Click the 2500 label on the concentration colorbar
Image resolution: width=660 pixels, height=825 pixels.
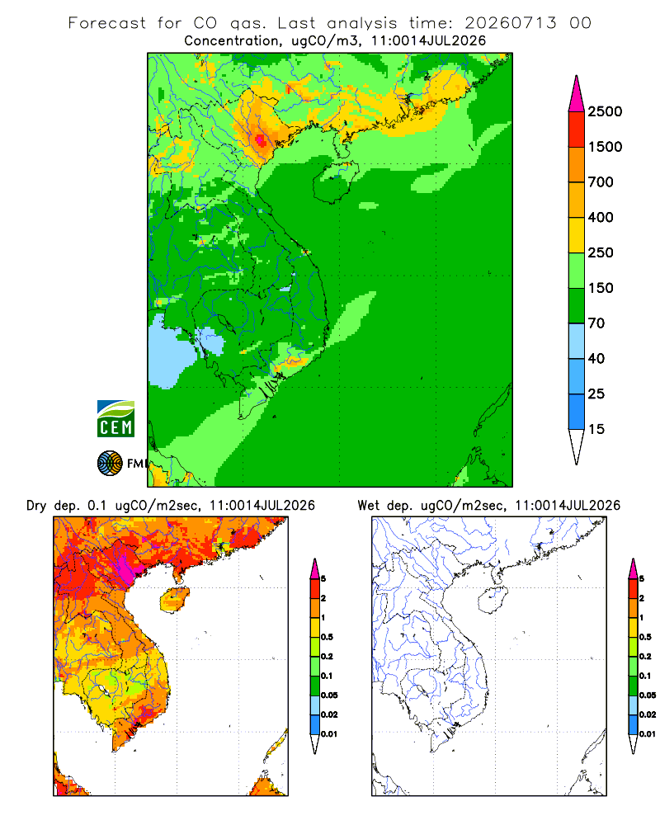point(605,111)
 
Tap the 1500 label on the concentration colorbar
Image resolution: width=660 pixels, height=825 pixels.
point(605,147)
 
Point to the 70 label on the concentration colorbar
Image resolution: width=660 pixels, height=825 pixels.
point(596,323)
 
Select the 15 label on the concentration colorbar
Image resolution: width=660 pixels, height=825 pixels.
point(596,429)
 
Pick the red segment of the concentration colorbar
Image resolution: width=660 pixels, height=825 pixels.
point(577,130)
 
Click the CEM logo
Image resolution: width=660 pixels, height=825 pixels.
point(115,419)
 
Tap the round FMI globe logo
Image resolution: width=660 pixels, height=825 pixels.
point(110,464)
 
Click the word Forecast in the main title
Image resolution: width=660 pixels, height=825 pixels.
point(107,23)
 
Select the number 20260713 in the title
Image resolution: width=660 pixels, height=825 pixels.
point(510,22)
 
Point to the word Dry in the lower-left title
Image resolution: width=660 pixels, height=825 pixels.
point(36,506)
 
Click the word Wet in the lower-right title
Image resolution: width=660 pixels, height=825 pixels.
point(368,505)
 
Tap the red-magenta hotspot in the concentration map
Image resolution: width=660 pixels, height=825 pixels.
point(261,140)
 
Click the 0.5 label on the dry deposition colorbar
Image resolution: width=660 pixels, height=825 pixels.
point(327,637)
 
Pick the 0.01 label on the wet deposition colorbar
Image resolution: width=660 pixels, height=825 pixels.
point(648,734)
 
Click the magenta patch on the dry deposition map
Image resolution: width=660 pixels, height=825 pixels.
point(125,566)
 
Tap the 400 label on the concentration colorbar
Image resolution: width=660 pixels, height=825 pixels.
point(601,217)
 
